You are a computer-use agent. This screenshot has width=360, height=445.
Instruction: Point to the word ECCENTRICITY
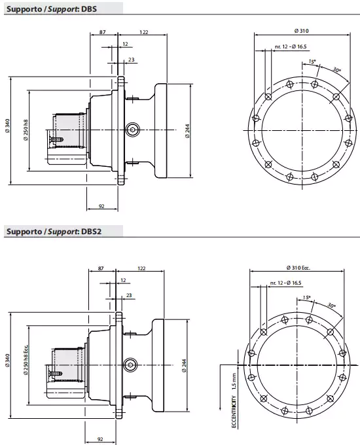coord(234,406)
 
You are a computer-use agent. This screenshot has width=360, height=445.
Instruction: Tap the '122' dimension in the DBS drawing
coord(144,31)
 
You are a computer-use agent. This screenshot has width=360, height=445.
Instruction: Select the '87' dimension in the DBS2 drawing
coord(101,268)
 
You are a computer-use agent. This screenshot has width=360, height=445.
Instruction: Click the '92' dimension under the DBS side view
coord(101,206)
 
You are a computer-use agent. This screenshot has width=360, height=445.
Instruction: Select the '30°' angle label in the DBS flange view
coord(336,70)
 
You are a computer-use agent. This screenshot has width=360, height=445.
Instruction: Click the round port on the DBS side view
coord(134,130)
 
